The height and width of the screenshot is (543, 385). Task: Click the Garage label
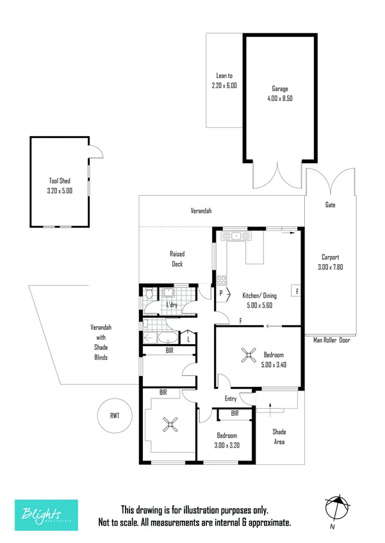click(x=279, y=89)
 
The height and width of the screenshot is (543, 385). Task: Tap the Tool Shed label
click(x=61, y=181)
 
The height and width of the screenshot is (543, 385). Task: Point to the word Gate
click(x=331, y=205)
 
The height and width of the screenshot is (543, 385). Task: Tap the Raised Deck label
click(x=177, y=258)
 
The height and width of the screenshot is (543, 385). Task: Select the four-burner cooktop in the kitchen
click(x=222, y=279)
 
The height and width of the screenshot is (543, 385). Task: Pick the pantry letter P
click(x=221, y=294)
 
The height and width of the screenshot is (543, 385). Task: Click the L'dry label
click(x=172, y=305)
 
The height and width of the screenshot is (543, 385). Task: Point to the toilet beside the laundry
click(x=149, y=295)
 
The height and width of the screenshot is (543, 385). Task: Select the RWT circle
click(x=115, y=416)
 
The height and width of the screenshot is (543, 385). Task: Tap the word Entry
click(x=231, y=399)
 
